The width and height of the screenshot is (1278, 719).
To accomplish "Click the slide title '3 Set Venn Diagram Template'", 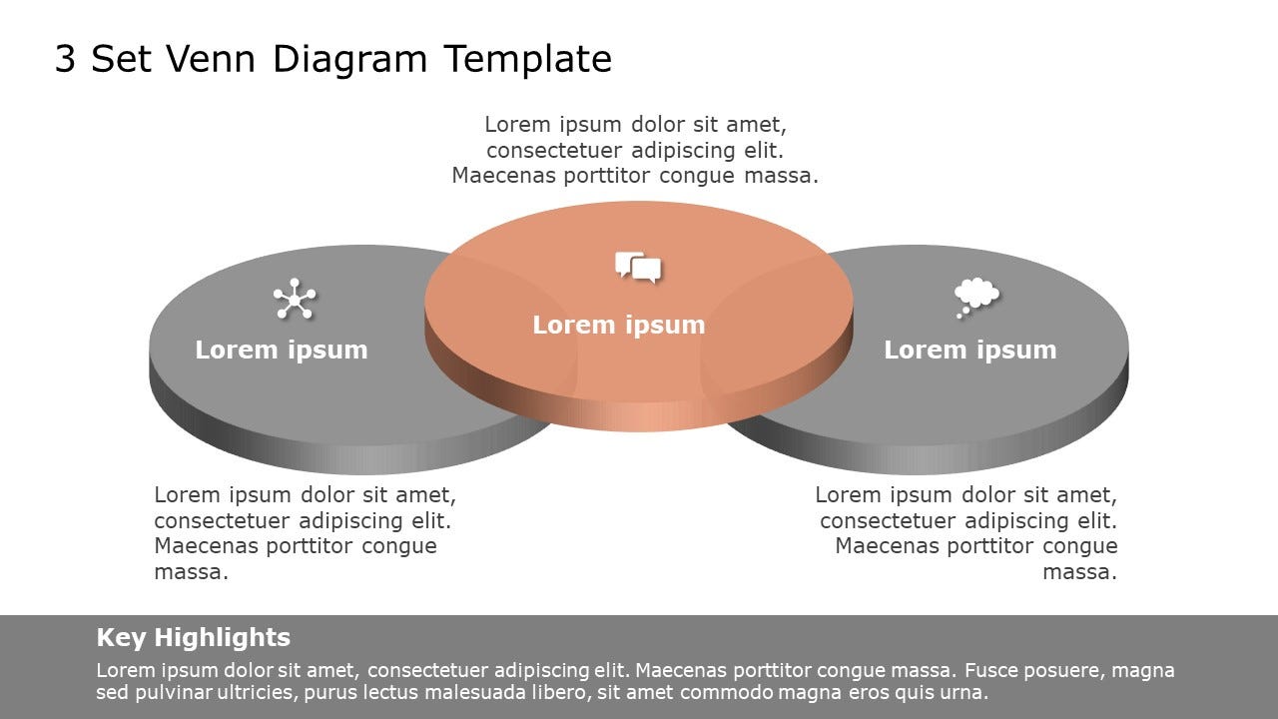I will (332, 60).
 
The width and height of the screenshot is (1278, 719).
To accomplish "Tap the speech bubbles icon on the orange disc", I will (638, 268).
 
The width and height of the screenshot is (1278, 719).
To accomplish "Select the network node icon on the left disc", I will (295, 300).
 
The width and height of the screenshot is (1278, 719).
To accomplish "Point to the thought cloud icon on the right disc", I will (975, 297).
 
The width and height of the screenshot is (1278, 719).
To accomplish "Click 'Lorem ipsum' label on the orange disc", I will (618, 326).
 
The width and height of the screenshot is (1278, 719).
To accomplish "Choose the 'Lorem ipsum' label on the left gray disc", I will (281, 351).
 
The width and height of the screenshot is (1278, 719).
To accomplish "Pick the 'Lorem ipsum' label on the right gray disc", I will (969, 351).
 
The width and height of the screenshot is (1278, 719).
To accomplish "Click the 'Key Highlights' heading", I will (193, 638).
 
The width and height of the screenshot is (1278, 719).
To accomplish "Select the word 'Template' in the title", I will (528, 60).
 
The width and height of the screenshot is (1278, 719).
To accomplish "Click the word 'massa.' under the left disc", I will (191, 572).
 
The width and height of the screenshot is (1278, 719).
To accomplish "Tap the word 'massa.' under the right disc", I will (1079, 572).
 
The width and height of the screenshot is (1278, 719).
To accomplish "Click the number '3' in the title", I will (65, 60).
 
